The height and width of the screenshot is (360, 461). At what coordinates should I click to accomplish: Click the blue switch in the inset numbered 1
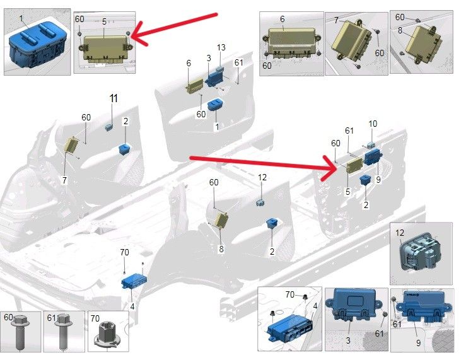(35, 45)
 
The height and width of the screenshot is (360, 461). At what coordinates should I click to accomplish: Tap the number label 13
(221, 48)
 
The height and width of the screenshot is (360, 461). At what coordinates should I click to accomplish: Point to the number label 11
(113, 98)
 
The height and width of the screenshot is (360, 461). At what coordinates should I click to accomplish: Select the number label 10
(373, 124)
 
